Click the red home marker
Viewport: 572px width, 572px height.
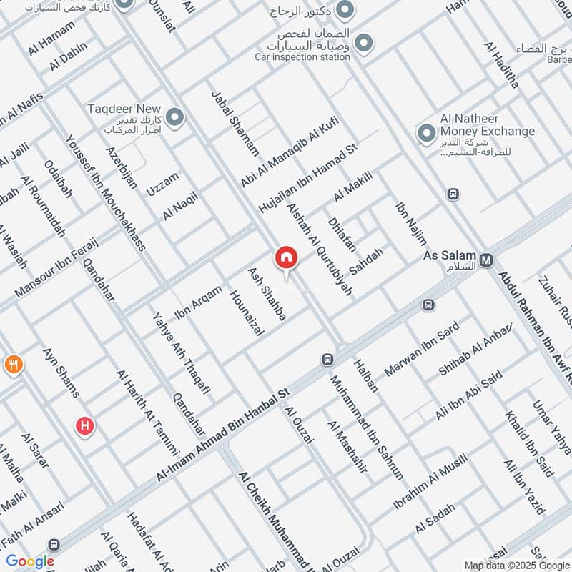click(286, 257)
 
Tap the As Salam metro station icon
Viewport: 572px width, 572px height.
click(487, 260)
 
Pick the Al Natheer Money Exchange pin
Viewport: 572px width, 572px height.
click(427, 132)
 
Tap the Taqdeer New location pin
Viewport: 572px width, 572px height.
click(174, 117)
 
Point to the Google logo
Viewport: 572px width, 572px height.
click(30, 561)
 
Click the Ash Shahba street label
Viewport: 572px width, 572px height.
click(267, 294)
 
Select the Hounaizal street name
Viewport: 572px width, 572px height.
click(247, 312)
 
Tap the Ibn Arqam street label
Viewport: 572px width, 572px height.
click(198, 302)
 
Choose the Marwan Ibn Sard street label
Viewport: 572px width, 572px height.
click(422, 349)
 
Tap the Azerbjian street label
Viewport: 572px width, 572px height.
click(121, 167)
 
